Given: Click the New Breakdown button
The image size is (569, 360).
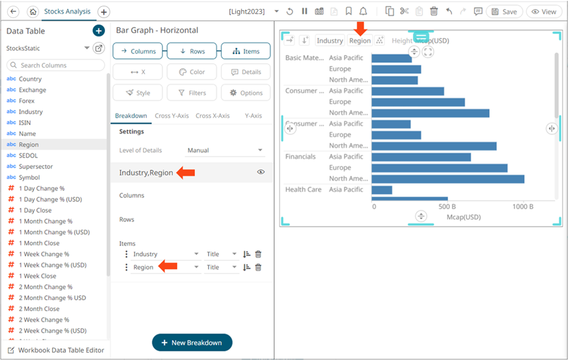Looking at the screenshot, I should click(x=192, y=343).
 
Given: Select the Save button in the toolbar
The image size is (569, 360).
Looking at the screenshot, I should click(x=504, y=11).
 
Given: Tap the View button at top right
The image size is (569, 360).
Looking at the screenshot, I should click(x=543, y=11).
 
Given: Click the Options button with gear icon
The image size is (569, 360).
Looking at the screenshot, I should click(x=245, y=93).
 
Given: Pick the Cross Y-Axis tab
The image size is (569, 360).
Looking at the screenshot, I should click(x=171, y=116).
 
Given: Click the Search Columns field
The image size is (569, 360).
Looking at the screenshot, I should click(x=55, y=65).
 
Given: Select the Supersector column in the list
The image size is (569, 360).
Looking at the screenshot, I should click(x=36, y=166).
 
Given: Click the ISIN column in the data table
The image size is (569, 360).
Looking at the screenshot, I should click(x=25, y=123).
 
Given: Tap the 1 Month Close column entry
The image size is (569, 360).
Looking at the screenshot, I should click(x=39, y=243).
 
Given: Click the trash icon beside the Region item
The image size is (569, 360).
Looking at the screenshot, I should click(x=258, y=268).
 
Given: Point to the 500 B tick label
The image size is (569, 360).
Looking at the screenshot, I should click(x=446, y=206).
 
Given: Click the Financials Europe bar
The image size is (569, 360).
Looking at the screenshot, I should click(x=439, y=168).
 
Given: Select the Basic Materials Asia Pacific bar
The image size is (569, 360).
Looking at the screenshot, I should click(x=391, y=58).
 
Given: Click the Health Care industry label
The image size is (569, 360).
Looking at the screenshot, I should click(x=303, y=190).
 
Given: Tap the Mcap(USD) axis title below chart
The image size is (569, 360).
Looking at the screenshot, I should click(x=464, y=217).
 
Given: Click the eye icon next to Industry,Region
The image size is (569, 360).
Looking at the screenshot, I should click(x=260, y=172).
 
